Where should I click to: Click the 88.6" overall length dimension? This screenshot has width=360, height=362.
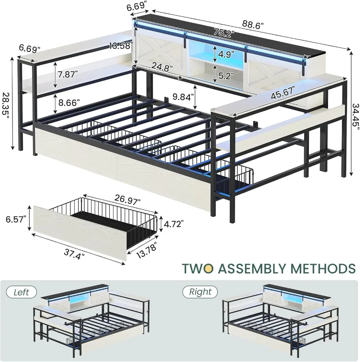253,25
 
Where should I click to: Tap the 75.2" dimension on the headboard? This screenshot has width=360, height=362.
224,32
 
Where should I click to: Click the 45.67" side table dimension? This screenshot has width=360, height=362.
283,92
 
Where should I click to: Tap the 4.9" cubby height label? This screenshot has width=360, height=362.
226,54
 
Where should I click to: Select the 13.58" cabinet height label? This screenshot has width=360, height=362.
121,46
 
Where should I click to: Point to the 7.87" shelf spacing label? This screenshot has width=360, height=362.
67,74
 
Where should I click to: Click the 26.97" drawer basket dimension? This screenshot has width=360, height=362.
128,199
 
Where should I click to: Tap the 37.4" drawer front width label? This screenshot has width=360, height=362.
74,254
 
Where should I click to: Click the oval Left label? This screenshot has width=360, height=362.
21,292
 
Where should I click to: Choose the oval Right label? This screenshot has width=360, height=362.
200,292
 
